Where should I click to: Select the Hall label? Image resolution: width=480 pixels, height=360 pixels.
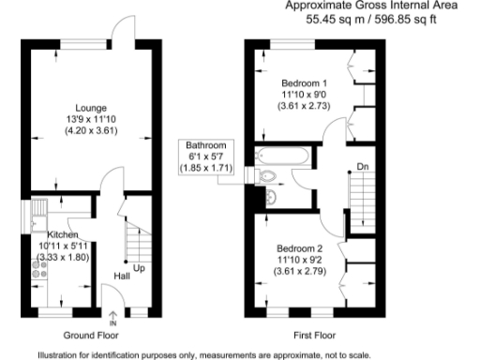point(122,277)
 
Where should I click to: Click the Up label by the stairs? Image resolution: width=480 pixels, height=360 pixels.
point(139,268)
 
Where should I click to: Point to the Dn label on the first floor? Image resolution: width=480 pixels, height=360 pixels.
point(361,168)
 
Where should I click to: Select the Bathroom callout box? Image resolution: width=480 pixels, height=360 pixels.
point(206,157)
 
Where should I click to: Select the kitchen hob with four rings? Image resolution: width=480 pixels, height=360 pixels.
point(40,269)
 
